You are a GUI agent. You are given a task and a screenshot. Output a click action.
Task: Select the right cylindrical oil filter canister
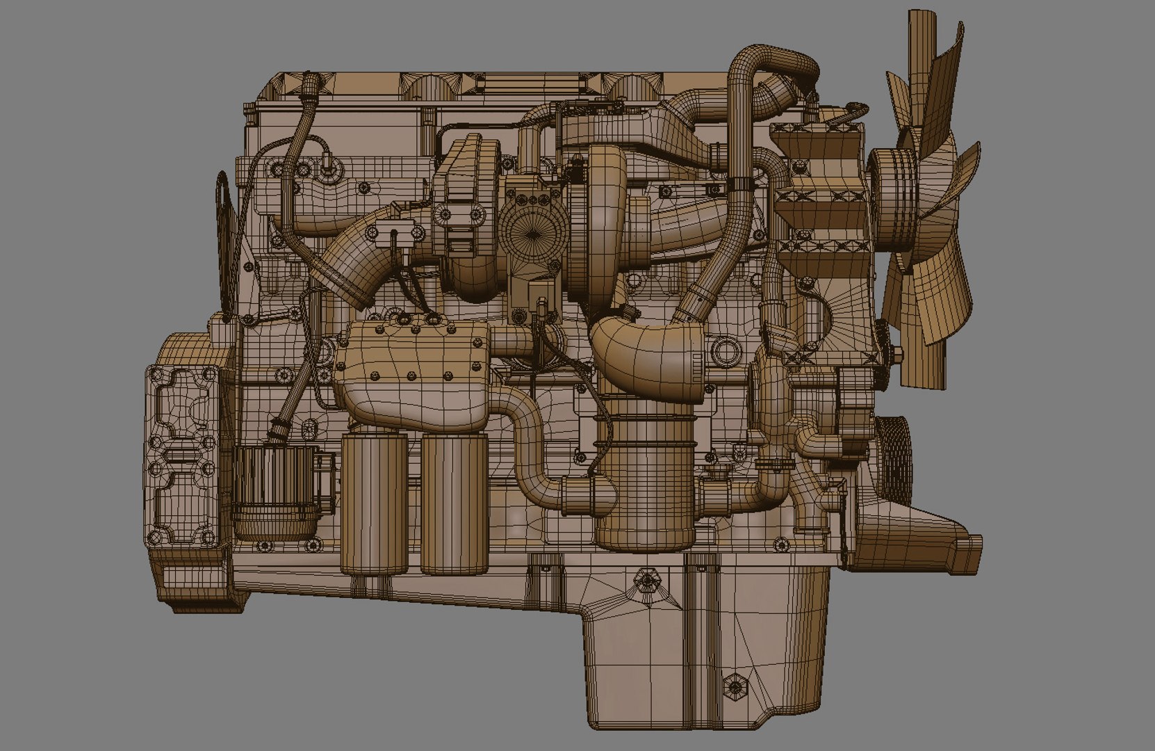454,503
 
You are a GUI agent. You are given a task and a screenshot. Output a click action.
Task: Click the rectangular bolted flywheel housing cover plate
182,455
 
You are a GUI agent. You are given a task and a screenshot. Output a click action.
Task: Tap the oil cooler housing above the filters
410,375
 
